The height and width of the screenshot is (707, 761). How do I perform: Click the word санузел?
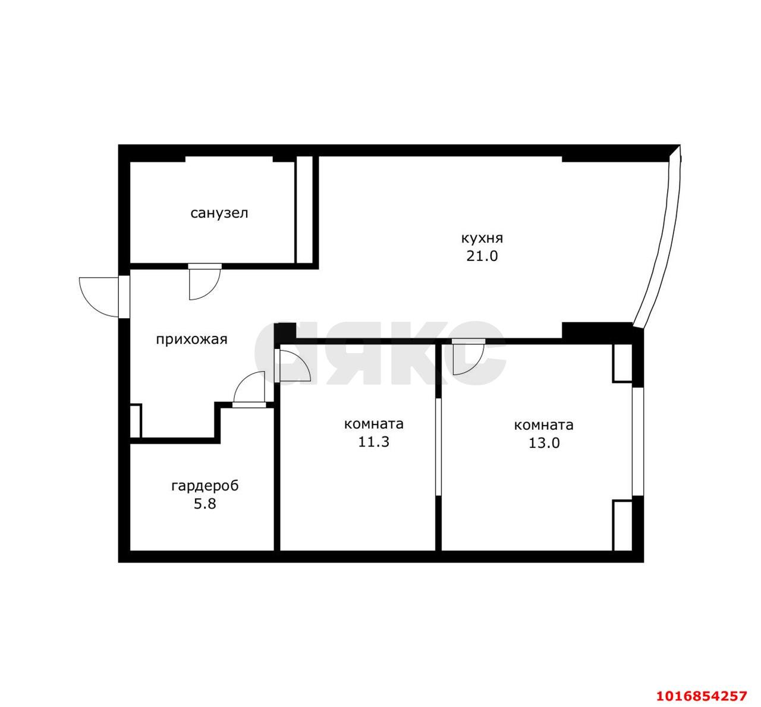point(219,213)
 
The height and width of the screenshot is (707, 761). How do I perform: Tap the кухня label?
point(482,238)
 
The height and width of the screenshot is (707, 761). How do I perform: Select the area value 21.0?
point(482,256)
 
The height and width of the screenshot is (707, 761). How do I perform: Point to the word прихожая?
point(191,340)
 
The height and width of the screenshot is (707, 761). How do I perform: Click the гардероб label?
point(205,486)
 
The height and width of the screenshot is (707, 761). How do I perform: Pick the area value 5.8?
point(205,504)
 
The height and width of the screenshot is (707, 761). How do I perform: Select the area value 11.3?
point(373,442)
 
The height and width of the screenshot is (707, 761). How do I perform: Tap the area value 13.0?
point(544,443)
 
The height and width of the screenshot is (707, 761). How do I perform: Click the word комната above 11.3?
point(373,425)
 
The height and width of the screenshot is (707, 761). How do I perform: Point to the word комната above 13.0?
point(544,426)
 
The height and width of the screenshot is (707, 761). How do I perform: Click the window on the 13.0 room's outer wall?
point(637,442)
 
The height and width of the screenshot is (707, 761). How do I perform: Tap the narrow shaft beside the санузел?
point(304,209)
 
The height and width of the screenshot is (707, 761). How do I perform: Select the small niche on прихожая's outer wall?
point(136,420)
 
